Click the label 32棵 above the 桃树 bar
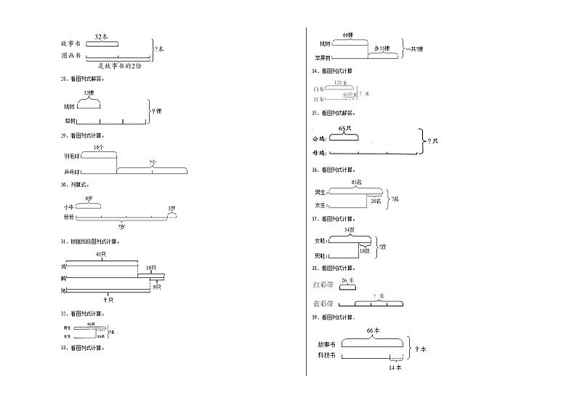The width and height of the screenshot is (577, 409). tap(89, 93)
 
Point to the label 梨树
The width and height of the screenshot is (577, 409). tap(70, 121)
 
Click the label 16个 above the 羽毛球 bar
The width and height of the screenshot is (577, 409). tap(99, 147)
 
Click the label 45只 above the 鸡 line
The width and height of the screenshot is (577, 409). tap(102, 254)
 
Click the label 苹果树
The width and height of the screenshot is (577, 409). tap(323, 57)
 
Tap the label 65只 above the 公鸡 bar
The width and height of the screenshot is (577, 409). tap(345, 128)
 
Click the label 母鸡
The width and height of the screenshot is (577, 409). tap(318, 153)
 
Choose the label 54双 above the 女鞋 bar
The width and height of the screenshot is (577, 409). tap(348, 230)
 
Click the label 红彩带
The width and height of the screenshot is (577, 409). tap(322, 285)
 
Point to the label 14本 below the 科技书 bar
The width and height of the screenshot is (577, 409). tap(395, 368)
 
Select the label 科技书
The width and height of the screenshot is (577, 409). tap(327, 355)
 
